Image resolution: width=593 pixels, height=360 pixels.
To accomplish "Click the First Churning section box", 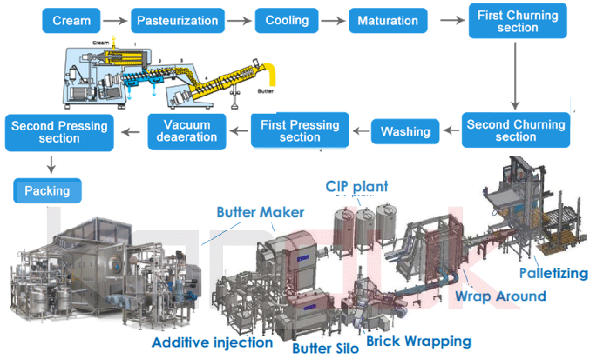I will [x=514, y=20].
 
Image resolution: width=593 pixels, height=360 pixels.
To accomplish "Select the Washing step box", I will [x=406, y=131].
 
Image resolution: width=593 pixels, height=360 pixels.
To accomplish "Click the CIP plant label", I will [x=358, y=187].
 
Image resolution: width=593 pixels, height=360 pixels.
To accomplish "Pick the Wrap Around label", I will [x=500, y=297].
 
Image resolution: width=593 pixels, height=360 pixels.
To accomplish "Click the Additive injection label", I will [x=212, y=342].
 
